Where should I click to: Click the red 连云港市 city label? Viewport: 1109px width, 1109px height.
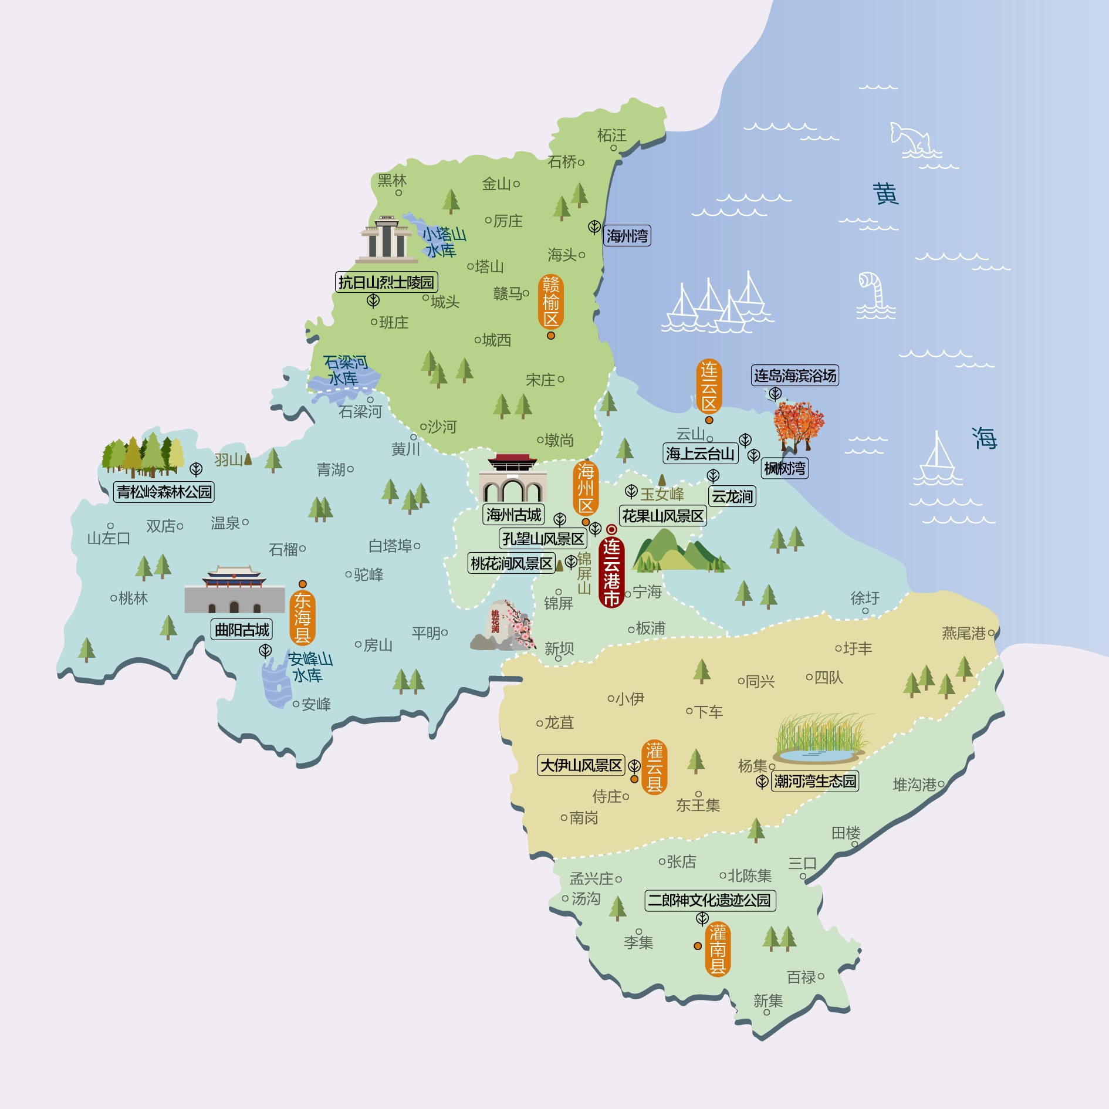[611, 572]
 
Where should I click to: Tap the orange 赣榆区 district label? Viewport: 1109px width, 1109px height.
[550, 302]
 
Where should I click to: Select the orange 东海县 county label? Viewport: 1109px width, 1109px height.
[302, 617]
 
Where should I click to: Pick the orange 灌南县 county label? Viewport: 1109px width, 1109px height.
[718, 949]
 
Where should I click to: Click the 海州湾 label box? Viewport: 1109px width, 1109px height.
[627, 236]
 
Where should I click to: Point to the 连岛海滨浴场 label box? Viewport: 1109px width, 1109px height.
[794, 376]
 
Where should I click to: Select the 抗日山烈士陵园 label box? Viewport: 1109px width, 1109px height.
[386, 282]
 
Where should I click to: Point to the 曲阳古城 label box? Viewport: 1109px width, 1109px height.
[242, 630]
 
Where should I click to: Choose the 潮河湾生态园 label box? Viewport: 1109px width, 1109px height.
[814, 781]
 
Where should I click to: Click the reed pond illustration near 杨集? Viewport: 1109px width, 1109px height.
[821, 739]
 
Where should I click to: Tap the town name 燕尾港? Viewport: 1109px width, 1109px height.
[963, 633]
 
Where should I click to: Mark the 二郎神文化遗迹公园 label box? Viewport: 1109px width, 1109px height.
[710, 900]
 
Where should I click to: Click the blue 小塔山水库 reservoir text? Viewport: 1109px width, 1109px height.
[443, 242]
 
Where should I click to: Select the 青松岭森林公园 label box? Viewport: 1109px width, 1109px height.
[164, 492]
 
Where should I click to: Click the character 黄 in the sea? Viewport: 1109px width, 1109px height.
[885, 194]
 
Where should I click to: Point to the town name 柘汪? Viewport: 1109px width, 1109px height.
[611, 136]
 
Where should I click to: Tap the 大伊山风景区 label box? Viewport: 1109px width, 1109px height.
[581, 765]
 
